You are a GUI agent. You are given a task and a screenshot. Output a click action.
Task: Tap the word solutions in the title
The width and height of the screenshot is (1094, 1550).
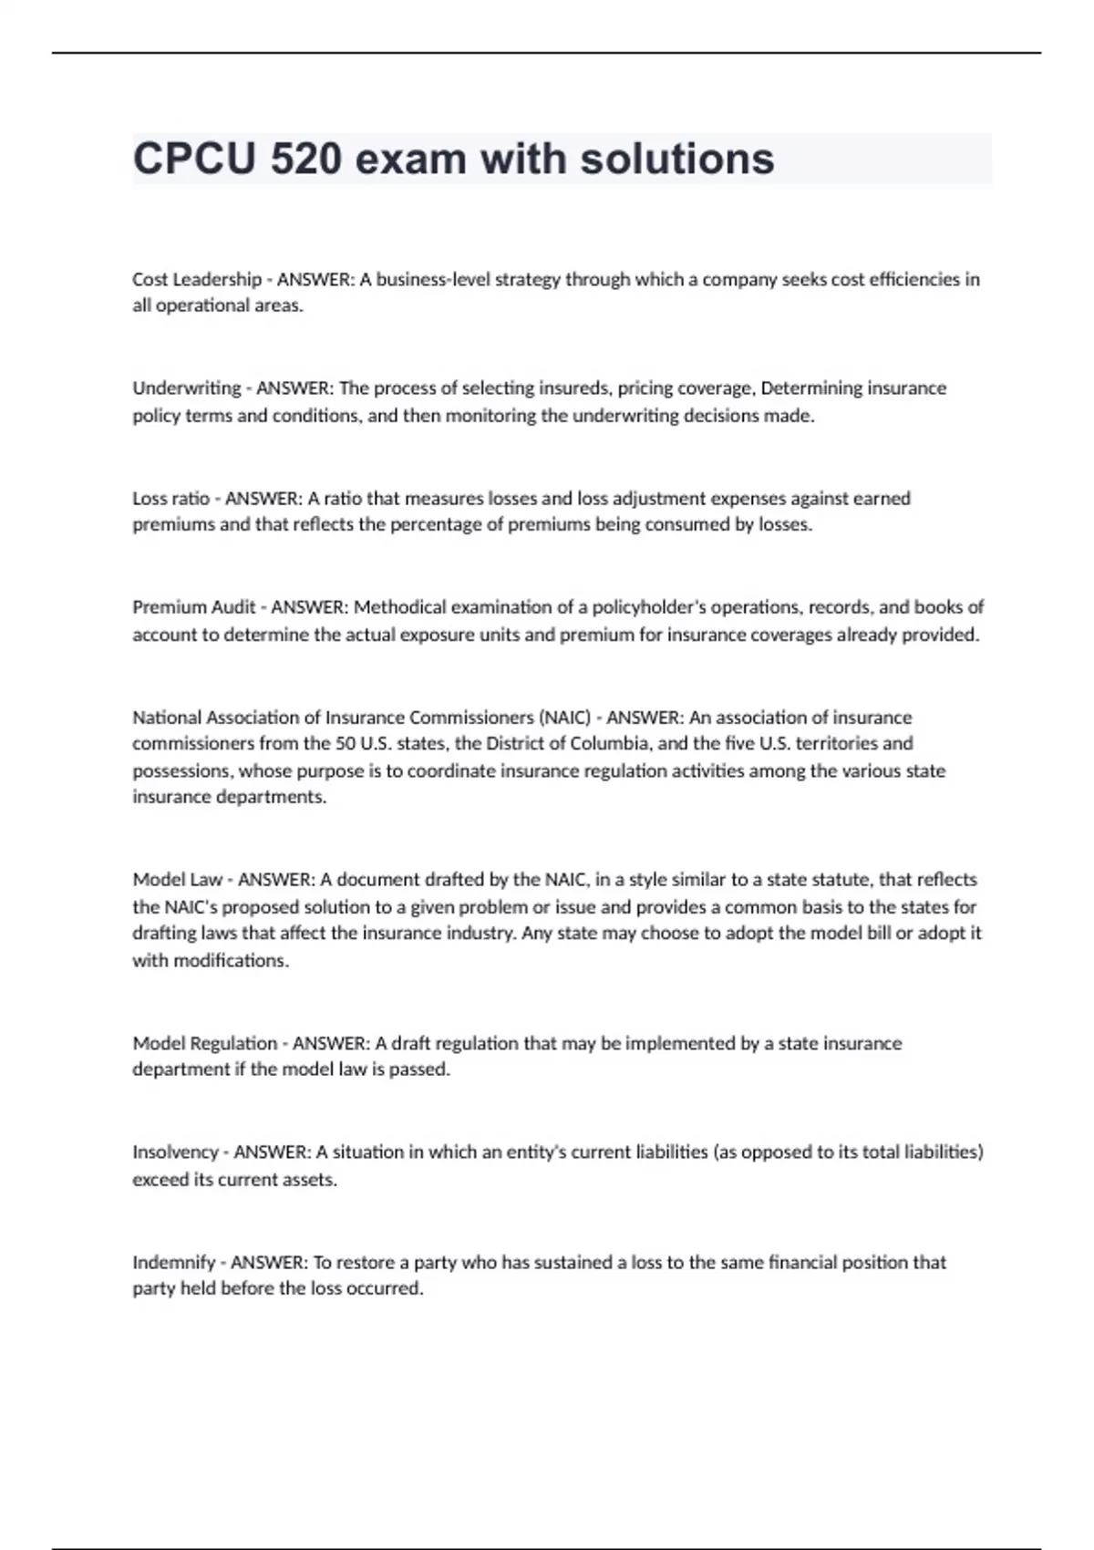(677, 159)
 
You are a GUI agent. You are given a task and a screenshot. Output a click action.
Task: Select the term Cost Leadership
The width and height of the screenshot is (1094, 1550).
(197, 279)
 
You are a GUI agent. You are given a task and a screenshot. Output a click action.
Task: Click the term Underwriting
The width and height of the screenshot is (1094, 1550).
(187, 388)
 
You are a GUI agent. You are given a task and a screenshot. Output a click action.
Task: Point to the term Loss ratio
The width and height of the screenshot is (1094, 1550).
(171, 498)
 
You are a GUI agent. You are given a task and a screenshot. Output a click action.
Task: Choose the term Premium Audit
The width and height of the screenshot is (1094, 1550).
(194, 607)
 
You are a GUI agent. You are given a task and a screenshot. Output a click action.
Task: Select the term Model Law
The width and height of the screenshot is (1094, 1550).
(178, 880)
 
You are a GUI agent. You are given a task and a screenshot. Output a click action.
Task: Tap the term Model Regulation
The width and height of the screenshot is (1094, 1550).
(205, 1043)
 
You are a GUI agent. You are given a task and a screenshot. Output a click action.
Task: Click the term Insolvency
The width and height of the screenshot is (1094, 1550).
(176, 1152)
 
